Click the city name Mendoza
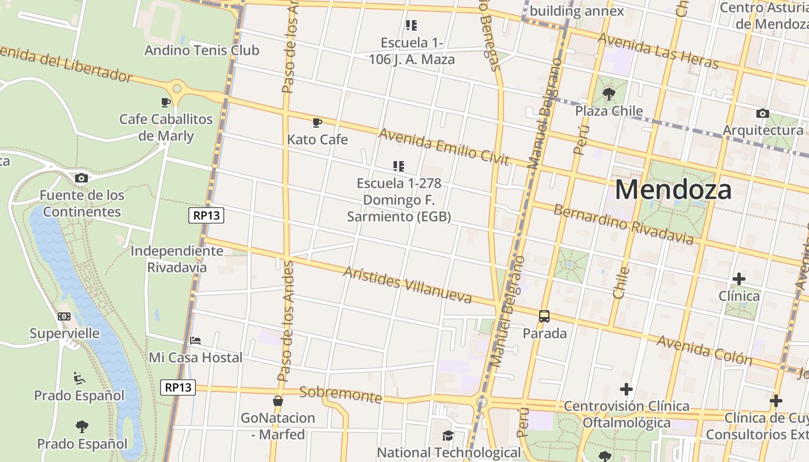point(673,189)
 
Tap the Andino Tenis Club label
point(202,50)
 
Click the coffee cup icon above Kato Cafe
point(317,122)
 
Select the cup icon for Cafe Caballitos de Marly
point(166,102)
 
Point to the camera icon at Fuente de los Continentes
point(81,178)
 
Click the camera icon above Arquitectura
point(762,113)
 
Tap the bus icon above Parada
point(544,316)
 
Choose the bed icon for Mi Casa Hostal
point(195,341)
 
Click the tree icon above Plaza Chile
point(608,94)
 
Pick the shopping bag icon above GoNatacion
point(278,401)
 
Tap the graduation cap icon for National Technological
point(448,435)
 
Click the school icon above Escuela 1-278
point(398,166)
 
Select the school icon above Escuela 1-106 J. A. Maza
point(411,25)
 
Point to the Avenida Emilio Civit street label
point(443,147)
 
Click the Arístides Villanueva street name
point(407,285)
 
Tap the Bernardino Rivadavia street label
point(623,224)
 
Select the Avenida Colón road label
point(704,350)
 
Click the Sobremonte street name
point(341,395)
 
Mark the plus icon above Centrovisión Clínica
point(626,389)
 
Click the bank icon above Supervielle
point(64,316)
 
